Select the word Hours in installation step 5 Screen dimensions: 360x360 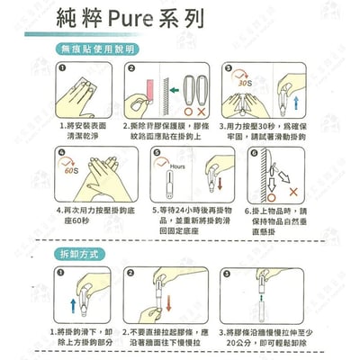178,166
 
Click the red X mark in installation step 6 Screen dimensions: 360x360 293,192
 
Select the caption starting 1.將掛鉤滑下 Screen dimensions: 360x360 81,335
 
